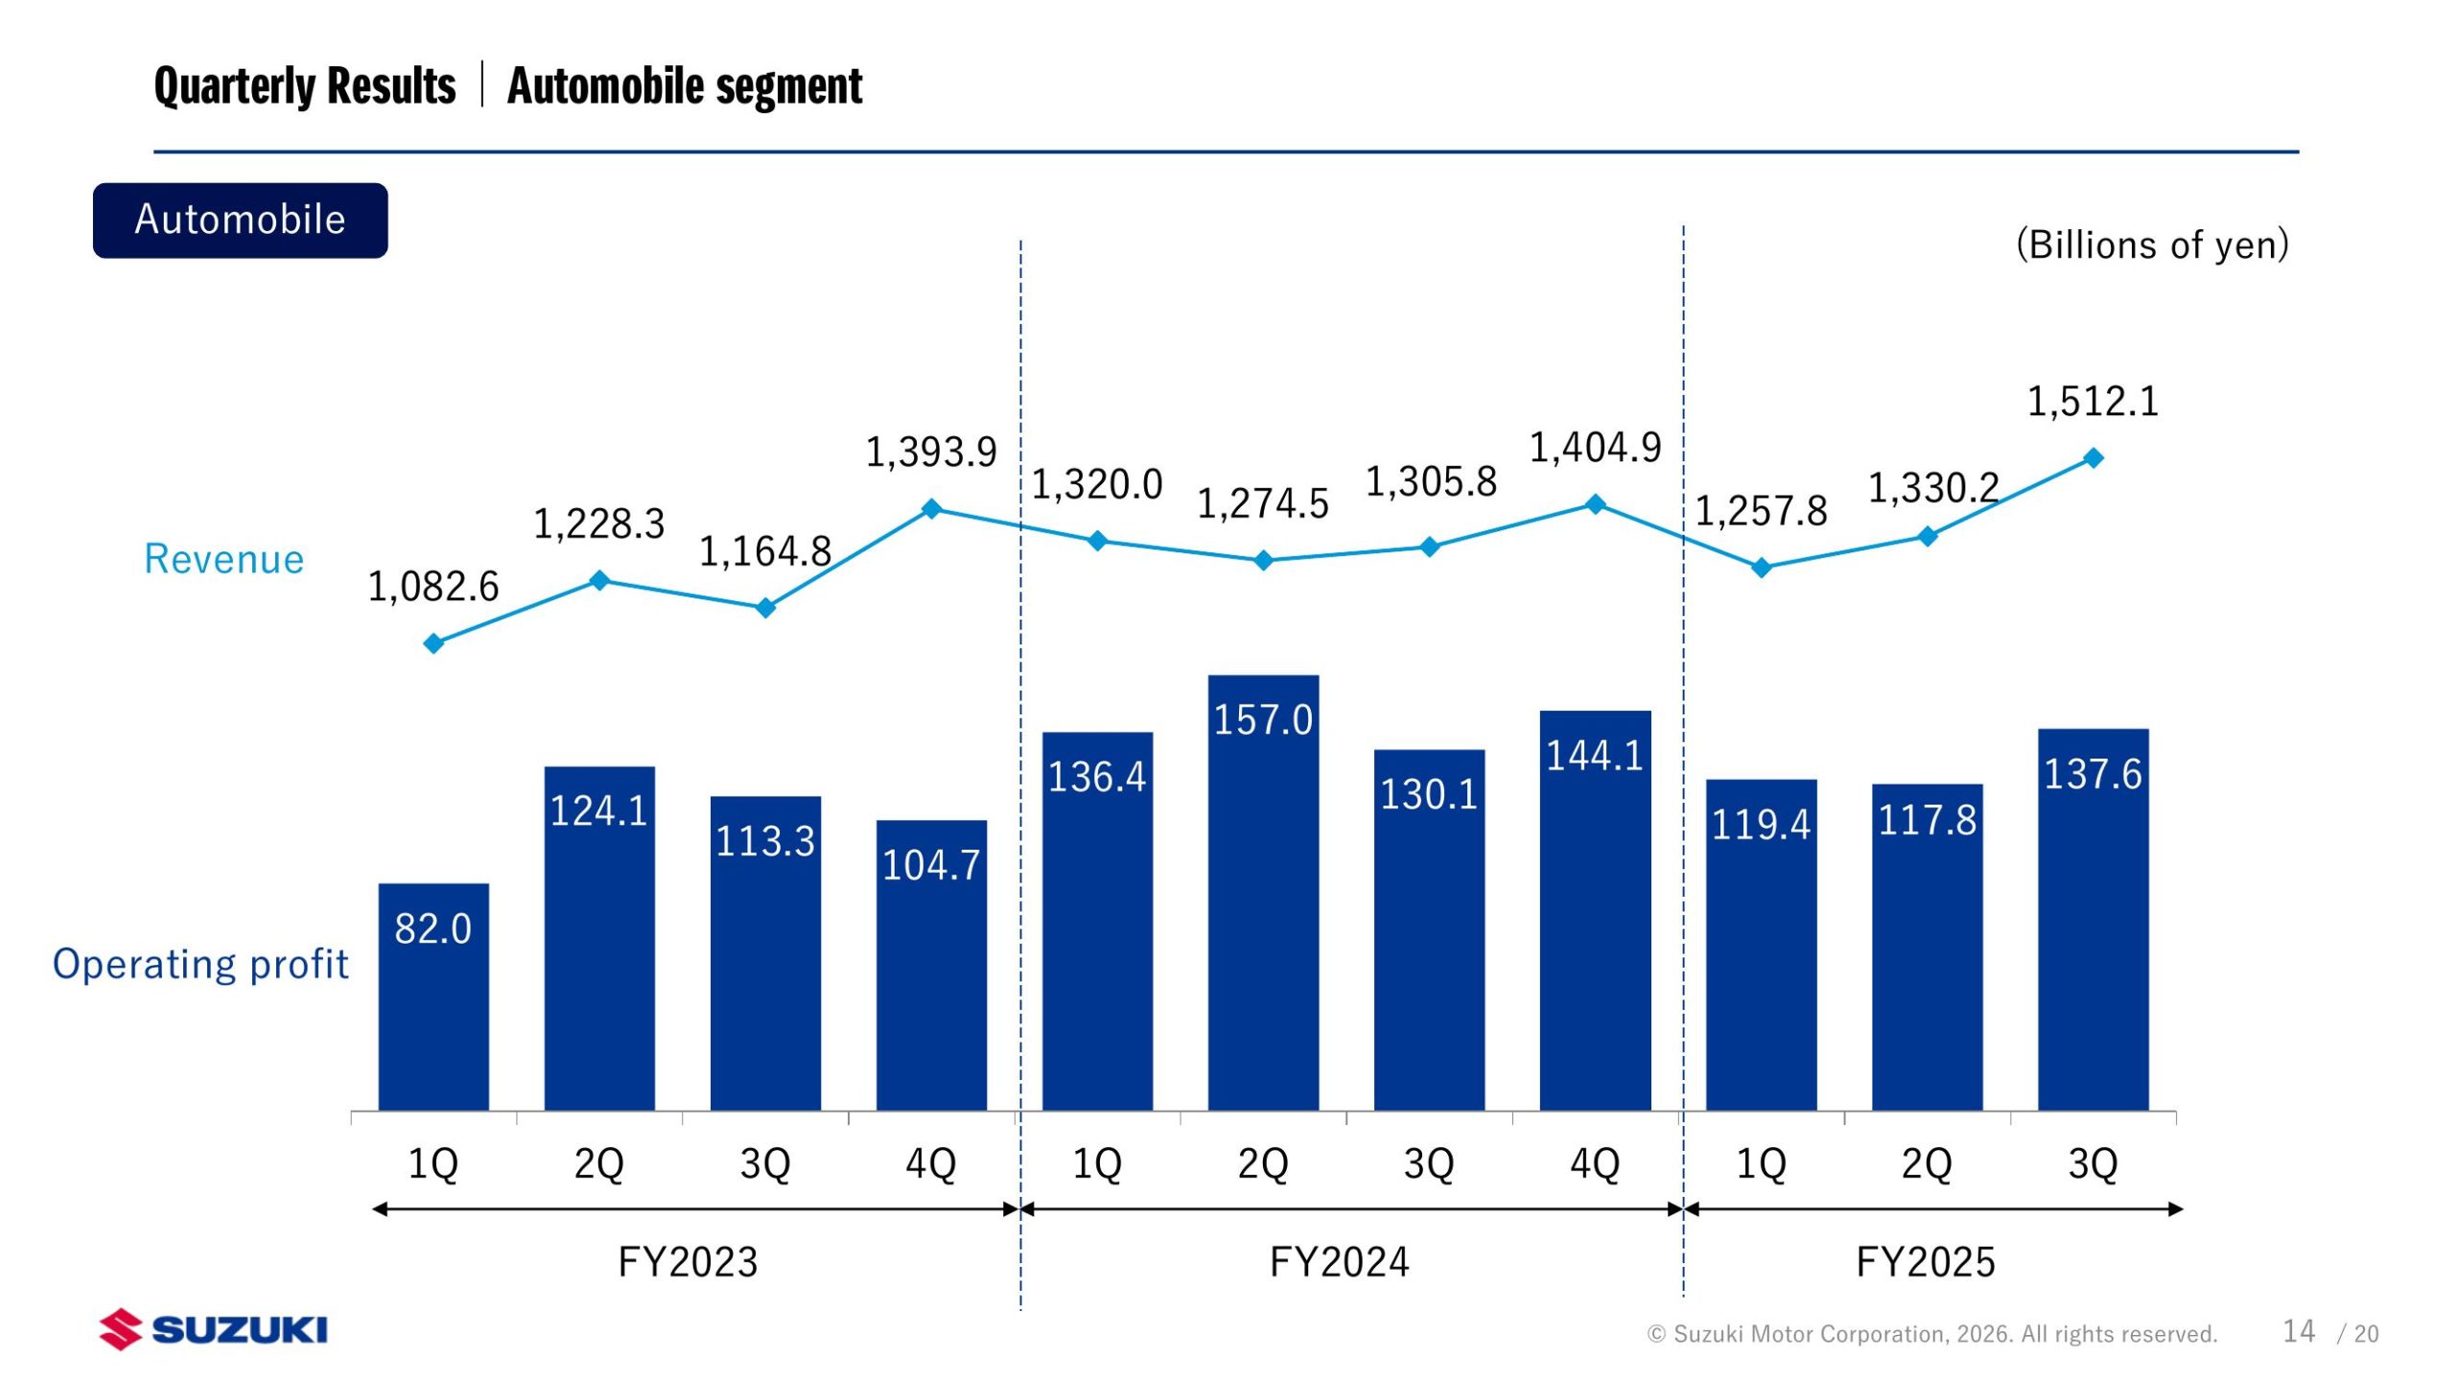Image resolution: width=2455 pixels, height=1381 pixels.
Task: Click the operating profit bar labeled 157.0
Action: click(1263, 892)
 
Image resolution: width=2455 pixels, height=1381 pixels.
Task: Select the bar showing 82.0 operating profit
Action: click(433, 997)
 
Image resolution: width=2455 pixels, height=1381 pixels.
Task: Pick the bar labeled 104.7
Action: click(931, 965)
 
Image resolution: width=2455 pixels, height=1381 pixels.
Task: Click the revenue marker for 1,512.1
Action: click(2093, 458)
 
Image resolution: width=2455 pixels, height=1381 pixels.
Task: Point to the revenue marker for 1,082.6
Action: click(433, 644)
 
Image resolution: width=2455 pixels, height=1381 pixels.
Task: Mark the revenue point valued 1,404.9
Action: click(1595, 504)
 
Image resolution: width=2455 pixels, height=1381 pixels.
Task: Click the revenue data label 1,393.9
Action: click(931, 452)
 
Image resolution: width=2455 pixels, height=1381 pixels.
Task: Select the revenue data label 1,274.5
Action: click(1263, 503)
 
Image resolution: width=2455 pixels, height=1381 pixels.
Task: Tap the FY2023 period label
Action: click(688, 1262)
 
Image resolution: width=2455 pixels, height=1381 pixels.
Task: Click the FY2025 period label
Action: click(1926, 1262)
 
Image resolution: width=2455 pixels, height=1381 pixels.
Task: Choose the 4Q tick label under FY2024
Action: click(1595, 1164)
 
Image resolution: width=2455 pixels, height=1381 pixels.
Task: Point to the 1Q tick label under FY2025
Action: click(1761, 1164)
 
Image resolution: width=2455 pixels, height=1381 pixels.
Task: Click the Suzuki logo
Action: click(213, 1329)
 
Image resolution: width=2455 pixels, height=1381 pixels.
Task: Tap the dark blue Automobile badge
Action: click(240, 221)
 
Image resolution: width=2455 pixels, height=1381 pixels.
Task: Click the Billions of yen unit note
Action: click(2152, 246)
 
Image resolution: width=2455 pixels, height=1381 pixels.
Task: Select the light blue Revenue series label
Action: click(223, 559)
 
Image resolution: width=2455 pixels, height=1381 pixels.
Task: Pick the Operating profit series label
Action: click(200, 964)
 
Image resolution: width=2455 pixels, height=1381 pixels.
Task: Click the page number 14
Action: click(2299, 1331)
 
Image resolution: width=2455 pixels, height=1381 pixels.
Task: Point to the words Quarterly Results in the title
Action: click(305, 86)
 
